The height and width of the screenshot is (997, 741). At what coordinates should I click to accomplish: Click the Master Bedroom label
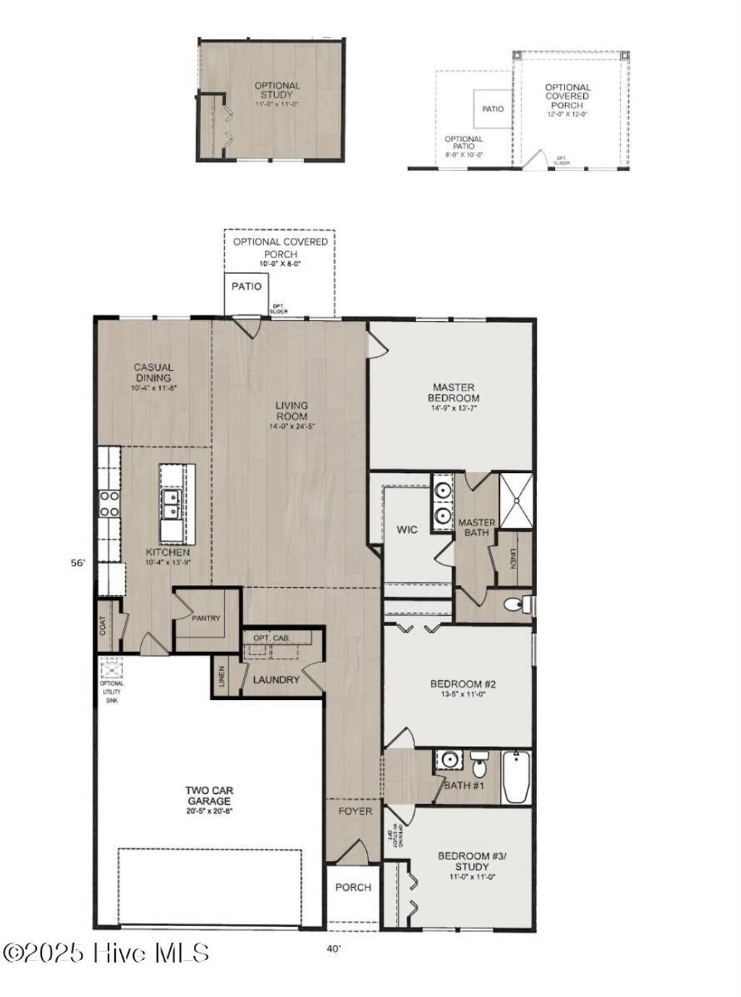pyautogui.click(x=453, y=393)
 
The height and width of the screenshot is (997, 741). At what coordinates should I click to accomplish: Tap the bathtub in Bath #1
pyautogui.click(x=516, y=777)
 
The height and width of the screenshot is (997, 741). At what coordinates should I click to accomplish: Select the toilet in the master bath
pyautogui.click(x=517, y=604)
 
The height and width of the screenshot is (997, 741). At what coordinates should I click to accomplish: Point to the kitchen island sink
pyautogui.click(x=172, y=504)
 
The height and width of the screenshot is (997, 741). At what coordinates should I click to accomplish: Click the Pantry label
pyautogui.click(x=206, y=618)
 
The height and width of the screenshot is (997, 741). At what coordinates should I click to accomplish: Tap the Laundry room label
pyautogui.click(x=276, y=680)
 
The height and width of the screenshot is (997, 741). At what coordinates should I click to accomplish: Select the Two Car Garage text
pyautogui.click(x=209, y=796)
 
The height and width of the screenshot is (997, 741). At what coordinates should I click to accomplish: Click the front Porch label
pyautogui.click(x=353, y=887)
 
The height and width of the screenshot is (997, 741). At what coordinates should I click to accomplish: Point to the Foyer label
pyautogui.click(x=355, y=811)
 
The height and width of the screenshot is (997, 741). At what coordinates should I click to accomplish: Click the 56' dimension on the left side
pyautogui.click(x=78, y=562)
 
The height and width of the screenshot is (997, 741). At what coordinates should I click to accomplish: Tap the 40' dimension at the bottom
pyautogui.click(x=334, y=949)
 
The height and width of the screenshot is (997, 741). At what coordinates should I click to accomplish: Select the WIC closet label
pyautogui.click(x=407, y=529)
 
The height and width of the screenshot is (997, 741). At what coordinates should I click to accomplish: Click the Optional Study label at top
pyautogui.click(x=276, y=90)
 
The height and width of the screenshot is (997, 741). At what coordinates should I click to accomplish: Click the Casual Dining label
pyautogui.click(x=153, y=372)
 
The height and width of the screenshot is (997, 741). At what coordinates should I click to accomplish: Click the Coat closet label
pyautogui.click(x=103, y=626)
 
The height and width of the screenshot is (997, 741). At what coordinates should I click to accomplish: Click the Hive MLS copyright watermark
pyautogui.click(x=106, y=953)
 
